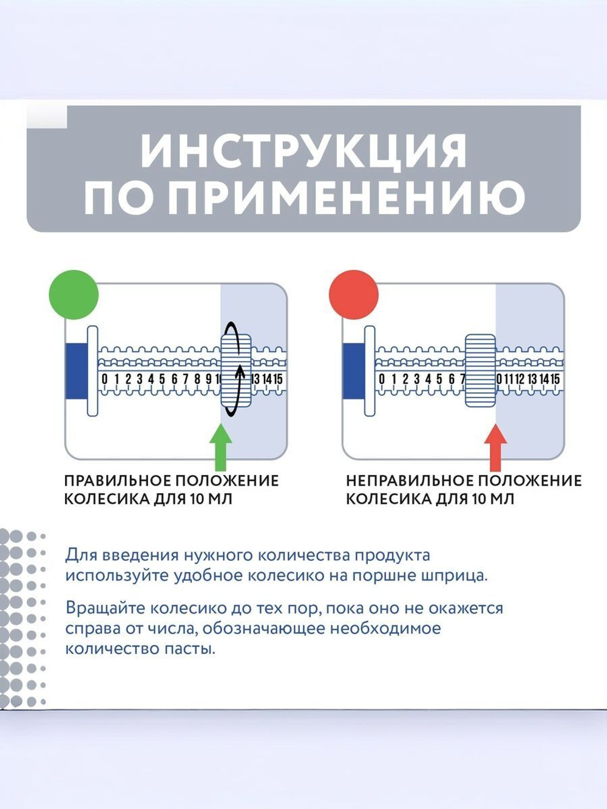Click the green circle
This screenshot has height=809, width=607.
pos(73,294)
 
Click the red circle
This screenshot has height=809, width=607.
pos(353,294)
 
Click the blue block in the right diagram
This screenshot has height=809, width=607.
pos(353,371)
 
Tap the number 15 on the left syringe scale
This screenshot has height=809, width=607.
pos(277,379)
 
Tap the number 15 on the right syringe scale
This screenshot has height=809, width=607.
pos(554,379)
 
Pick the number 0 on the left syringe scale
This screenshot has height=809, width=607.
pos(104,379)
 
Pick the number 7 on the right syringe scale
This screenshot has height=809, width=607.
pos(462,379)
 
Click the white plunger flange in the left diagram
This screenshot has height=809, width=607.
pos(92,371)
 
